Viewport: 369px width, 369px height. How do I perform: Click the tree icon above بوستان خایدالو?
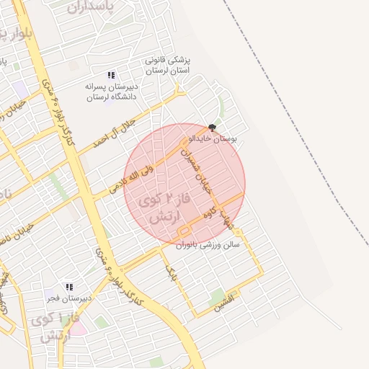210,126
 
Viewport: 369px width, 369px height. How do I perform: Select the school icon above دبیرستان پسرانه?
111,74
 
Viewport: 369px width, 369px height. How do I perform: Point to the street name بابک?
170,272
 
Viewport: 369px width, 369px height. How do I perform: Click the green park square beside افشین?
217,295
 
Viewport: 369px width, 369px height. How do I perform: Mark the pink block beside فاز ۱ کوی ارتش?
77,329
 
